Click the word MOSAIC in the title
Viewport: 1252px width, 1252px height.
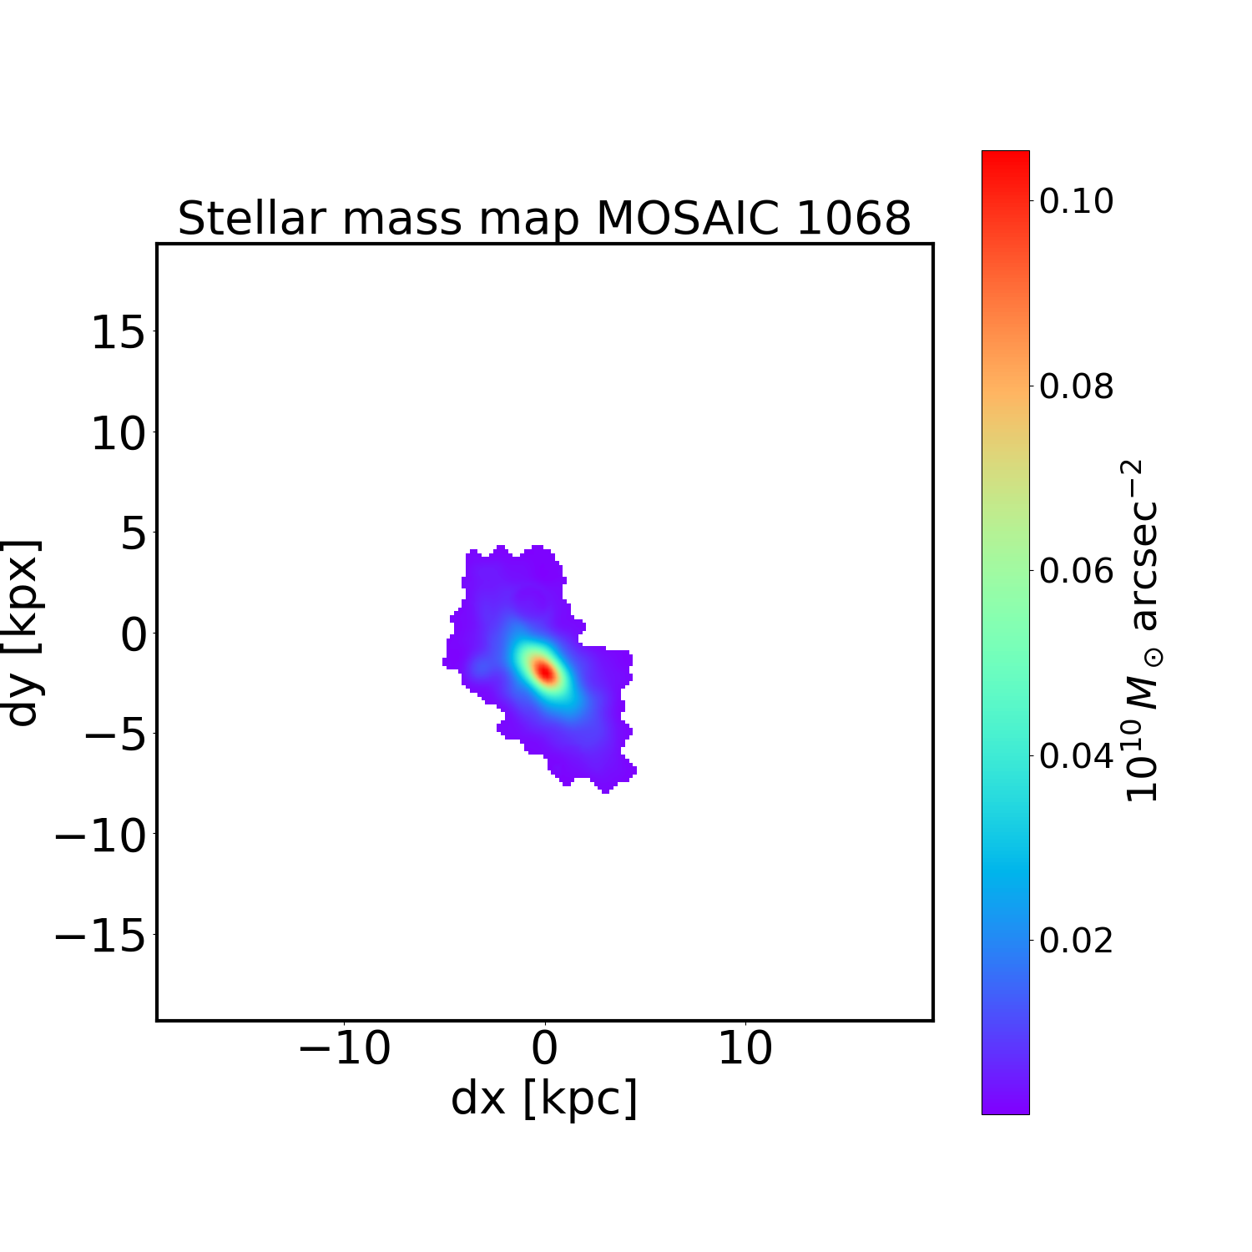[x=688, y=219]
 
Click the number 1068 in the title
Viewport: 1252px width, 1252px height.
[x=853, y=219]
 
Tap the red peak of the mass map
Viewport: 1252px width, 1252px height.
[x=544, y=670]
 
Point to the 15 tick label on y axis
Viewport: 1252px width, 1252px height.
[x=118, y=334]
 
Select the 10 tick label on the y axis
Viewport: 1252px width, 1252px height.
[x=118, y=434]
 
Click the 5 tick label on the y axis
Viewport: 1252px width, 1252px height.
[x=134, y=534]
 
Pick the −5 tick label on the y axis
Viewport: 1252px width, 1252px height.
[x=118, y=735]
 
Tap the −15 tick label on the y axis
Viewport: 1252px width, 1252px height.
[x=100, y=935]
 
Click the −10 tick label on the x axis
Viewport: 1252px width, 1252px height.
[x=344, y=1048]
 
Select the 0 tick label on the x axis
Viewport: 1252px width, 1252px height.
[x=544, y=1048]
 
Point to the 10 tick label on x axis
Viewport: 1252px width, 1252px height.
[x=745, y=1048]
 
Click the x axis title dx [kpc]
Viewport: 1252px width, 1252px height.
[x=544, y=1098]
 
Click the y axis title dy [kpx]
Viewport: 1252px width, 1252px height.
[x=23, y=632]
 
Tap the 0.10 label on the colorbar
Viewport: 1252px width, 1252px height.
[x=1076, y=201]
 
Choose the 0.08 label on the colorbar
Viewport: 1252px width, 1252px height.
[x=1076, y=386]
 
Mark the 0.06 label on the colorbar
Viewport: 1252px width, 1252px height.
[x=1076, y=571]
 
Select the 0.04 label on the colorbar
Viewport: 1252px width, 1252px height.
[x=1076, y=755]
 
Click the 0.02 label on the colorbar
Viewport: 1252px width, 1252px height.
[x=1076, y=940]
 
